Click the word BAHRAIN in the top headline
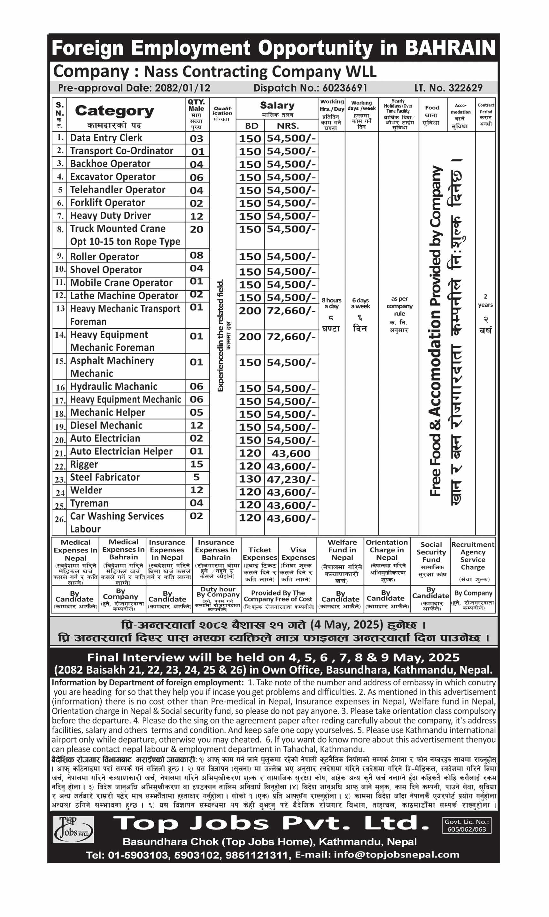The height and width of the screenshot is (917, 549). coord(450,48)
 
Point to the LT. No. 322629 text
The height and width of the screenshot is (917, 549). coord(448,88)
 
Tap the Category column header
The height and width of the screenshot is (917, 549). coord(114,111)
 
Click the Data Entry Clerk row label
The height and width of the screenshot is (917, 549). coord(106,138)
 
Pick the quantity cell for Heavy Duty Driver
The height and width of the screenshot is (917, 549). coord(197,216)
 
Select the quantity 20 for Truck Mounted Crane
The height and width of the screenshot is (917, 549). coord(197,230)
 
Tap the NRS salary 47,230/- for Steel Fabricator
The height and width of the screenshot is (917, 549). coord(291,479)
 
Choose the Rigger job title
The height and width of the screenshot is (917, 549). coord(84,465)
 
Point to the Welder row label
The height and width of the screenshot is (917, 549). coord(86,490)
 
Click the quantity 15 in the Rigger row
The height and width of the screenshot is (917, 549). coord(197,465)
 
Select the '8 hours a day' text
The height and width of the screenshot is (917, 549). coord(331,303)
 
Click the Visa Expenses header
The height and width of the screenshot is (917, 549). coord(298,553)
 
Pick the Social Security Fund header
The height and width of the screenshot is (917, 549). coord(431,552)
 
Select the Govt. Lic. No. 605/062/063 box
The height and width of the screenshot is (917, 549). coord(467,826)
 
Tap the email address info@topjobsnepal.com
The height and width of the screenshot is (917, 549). coord(396,855)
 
